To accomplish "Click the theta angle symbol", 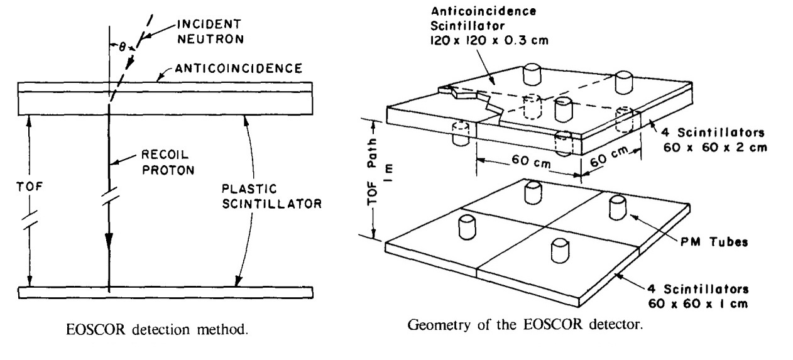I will (x=115, y=45).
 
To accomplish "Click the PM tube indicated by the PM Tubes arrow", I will (x=617, y=207).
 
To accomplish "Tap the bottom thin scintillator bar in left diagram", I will (x=166, y=292).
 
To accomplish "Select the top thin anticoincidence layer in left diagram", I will (x=166, y=87).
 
